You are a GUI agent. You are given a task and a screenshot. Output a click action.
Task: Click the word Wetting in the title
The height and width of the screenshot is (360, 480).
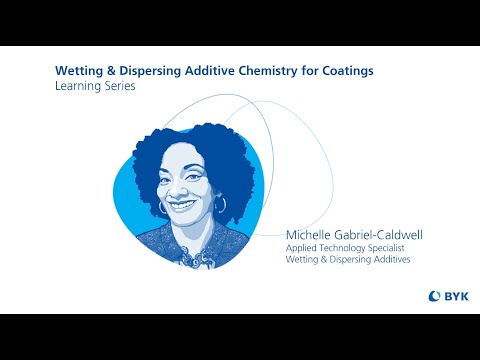coord(77,72)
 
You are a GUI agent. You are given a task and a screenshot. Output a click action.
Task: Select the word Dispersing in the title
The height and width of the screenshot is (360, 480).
coord(147,72)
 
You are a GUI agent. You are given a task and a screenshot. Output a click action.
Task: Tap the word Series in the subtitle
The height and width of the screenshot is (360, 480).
coord(118,88)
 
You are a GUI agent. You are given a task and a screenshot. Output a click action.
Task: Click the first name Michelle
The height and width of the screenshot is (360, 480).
coord(310,235)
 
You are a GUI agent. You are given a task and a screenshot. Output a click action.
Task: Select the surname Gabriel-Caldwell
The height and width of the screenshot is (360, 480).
coord(379,235)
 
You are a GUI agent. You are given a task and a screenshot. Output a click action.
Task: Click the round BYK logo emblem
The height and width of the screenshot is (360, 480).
coord(435,295)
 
